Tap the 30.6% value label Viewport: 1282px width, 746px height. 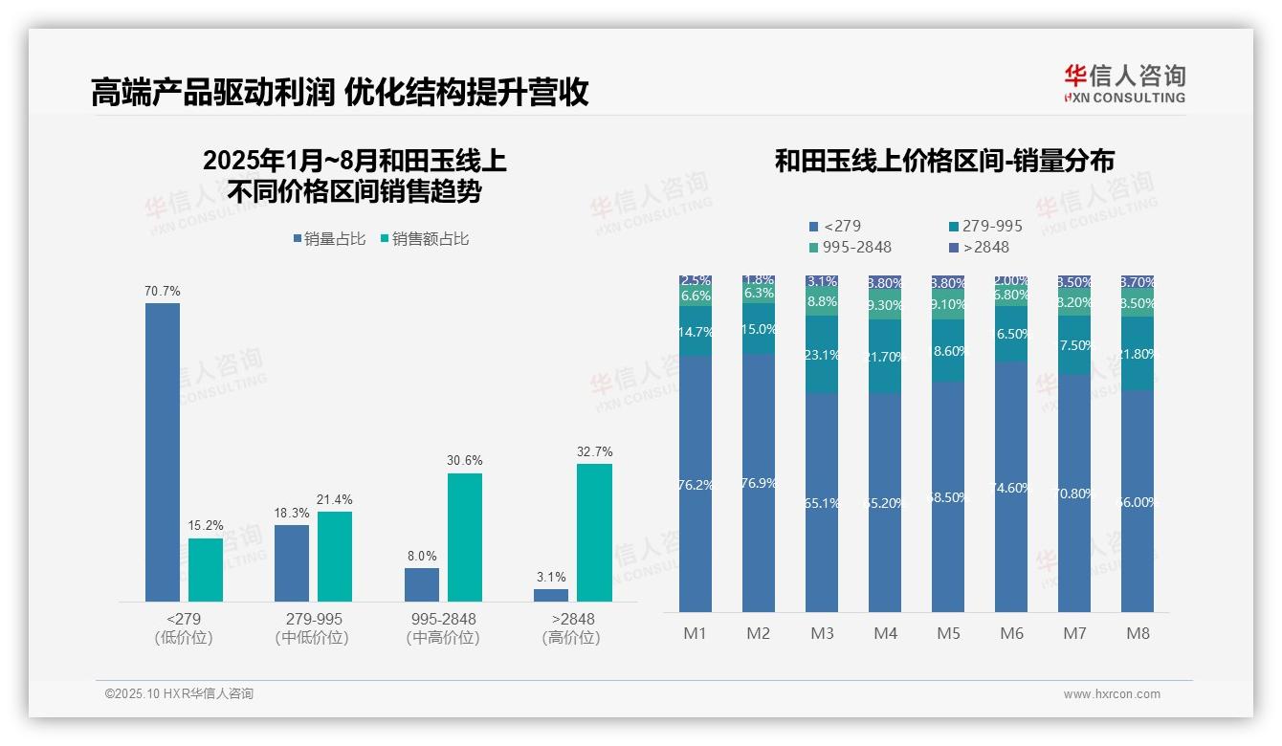[x=465, y=461]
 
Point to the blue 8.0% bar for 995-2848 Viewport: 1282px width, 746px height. [x=422, y=584]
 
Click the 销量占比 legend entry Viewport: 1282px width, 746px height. [x=329, y=239]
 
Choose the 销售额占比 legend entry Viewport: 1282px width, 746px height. [x=425, y=239]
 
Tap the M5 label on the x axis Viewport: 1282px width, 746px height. [x=948, y=633]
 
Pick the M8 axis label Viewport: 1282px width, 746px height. [x=1138, y=633]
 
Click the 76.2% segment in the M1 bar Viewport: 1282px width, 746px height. [x=696, y=484]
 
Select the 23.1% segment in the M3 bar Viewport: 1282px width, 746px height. [x=822, y=355]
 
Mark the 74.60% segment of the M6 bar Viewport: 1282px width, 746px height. [x=1011, y=487]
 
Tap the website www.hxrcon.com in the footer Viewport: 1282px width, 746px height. [x=1112, y=694]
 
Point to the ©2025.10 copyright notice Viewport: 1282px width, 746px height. [x=179, y=694]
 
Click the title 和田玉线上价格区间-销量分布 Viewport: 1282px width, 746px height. [x=943, y=161]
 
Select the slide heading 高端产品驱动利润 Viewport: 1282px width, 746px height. [x=211, y=93]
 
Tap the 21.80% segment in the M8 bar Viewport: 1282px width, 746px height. [x=1138, y=354]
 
